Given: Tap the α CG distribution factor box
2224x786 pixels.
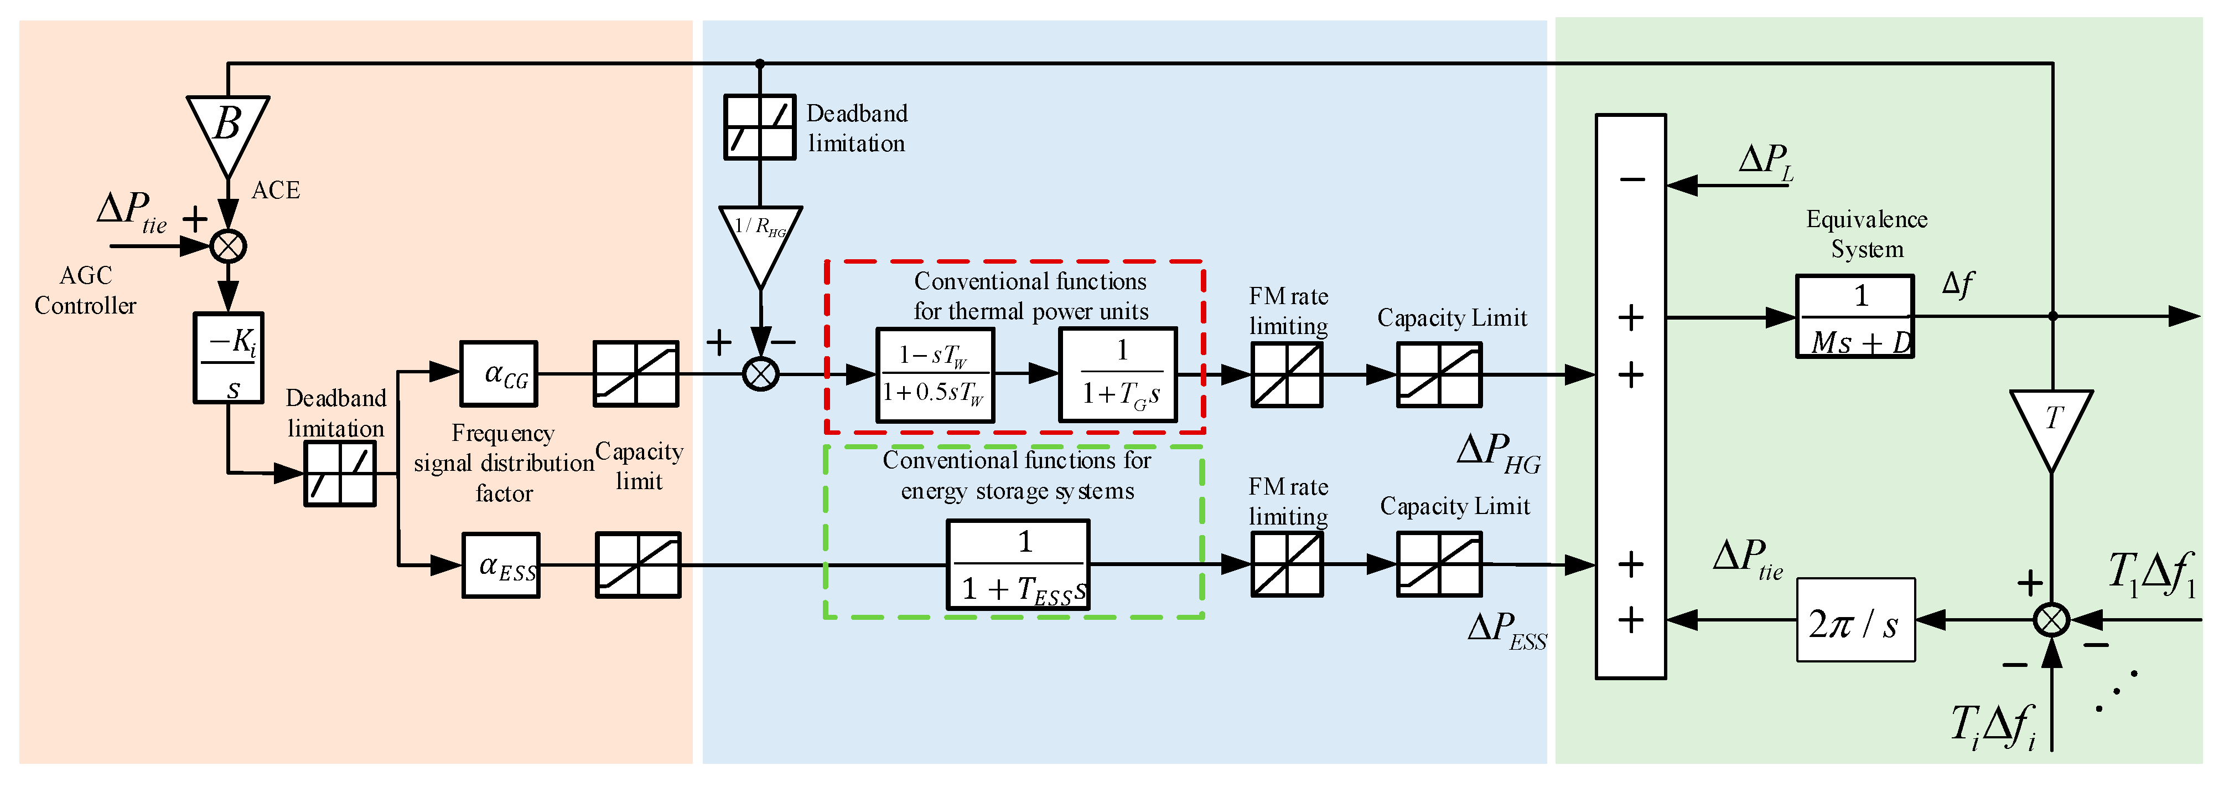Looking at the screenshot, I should [x=498, y=374].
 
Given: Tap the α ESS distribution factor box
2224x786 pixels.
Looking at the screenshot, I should [x=501, y=566].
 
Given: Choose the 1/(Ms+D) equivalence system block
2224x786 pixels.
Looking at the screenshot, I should [x=1854, y=316].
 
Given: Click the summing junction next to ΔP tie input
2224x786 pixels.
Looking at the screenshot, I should [x=229, y=246].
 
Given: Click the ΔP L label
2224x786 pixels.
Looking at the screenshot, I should [x=1766, y=162].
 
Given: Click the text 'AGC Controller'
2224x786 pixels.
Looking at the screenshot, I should [x=85, y=290].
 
